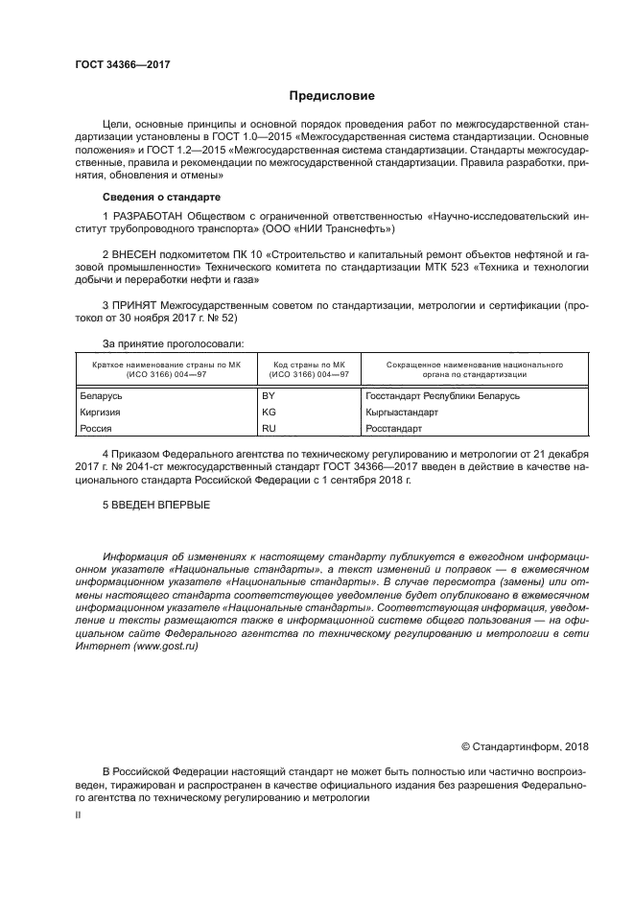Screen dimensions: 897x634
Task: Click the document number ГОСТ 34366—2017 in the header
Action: (x=122, y=66)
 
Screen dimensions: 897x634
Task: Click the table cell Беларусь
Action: (x=100, y=395)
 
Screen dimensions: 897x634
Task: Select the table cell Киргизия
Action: (x=100, y=412)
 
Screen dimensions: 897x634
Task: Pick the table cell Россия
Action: (x=95, y=429)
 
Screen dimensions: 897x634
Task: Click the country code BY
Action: (x=269, y=395)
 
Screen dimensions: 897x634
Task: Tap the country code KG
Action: (x=269, y=412)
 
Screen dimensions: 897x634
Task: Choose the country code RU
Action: (x=269, y=429)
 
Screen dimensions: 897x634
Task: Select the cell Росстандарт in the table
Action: (x=393, y=429)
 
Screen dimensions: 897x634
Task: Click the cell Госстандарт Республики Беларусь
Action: (x=442, y=395)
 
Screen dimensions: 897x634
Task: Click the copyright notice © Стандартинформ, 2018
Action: (x=525, y=746)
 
